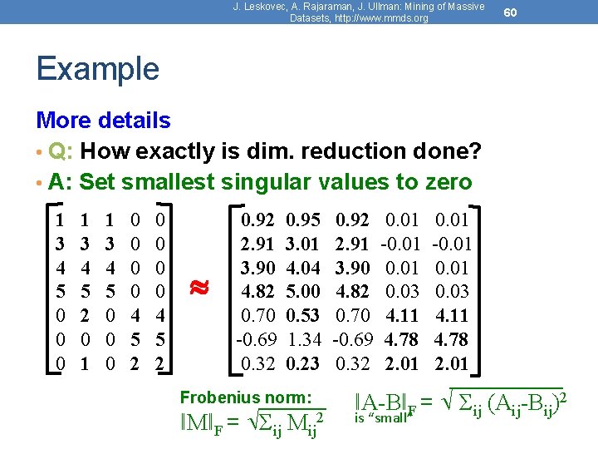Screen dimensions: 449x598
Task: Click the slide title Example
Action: click(x=97, y=68)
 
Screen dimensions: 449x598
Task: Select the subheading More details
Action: click(x=104, y=121)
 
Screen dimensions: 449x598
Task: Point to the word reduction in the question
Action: click(x=314, y=151)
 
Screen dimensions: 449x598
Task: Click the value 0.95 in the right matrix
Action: click(x=303, y=220)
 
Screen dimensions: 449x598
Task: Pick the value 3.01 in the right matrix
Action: click(x=303, y=244)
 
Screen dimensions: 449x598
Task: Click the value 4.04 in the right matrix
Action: click(x=303, y=269)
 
